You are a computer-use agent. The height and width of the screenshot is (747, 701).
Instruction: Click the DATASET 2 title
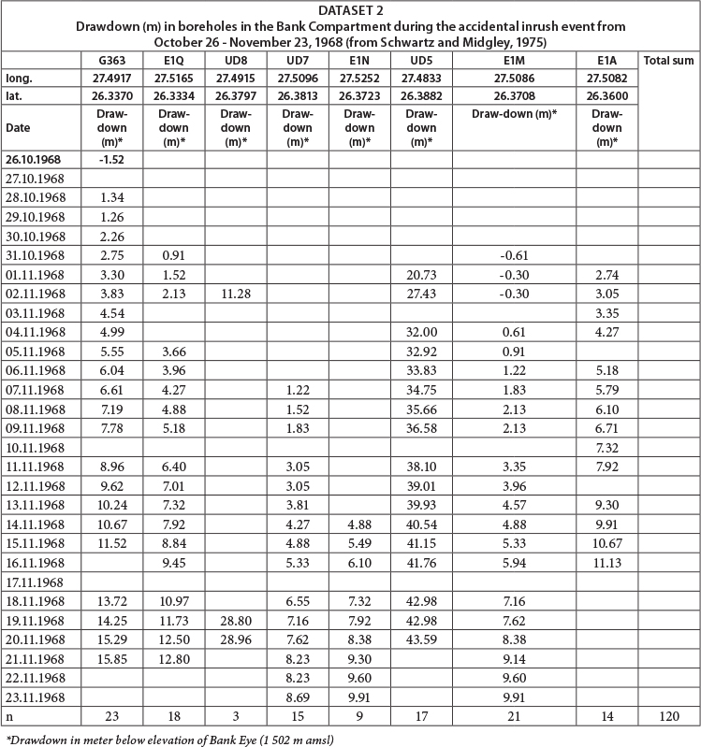point(350,10)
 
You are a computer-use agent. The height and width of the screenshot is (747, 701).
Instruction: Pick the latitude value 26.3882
point(421,96)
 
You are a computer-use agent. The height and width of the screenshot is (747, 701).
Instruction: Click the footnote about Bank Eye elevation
point(170,737)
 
